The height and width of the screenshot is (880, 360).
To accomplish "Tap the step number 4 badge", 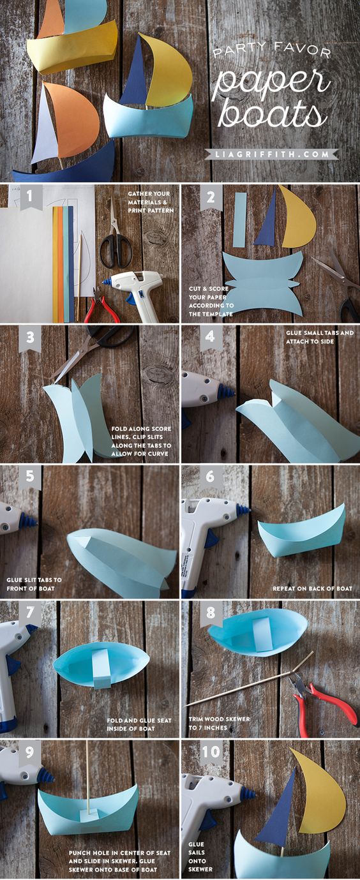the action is coord(210,337).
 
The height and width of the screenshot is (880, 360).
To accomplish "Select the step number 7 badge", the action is coord(30,613).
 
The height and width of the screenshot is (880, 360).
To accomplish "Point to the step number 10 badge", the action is coord(211,752).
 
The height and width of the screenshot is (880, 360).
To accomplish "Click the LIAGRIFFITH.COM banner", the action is coord(271,154).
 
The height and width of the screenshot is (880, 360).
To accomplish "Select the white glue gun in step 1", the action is coord(135,291).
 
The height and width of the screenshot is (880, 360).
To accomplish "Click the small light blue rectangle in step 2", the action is coord(240,220).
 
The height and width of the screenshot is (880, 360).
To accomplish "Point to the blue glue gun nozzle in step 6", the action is coord(242,510).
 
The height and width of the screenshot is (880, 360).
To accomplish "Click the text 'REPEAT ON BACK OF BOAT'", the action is coord(312,588).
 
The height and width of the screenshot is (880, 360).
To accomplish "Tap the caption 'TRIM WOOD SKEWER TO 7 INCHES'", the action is coord(220,723).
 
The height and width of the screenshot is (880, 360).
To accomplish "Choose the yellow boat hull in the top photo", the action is coord(72,47).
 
